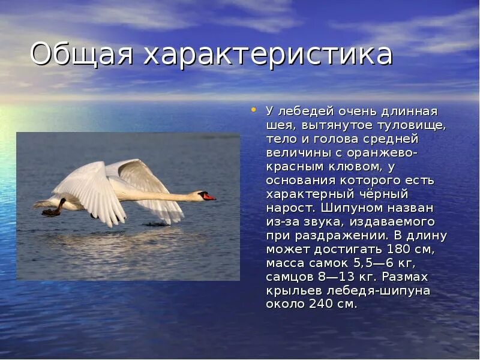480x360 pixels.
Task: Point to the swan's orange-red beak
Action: click(x=209, y=196)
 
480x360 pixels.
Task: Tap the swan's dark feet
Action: click(x=53, y=210)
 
